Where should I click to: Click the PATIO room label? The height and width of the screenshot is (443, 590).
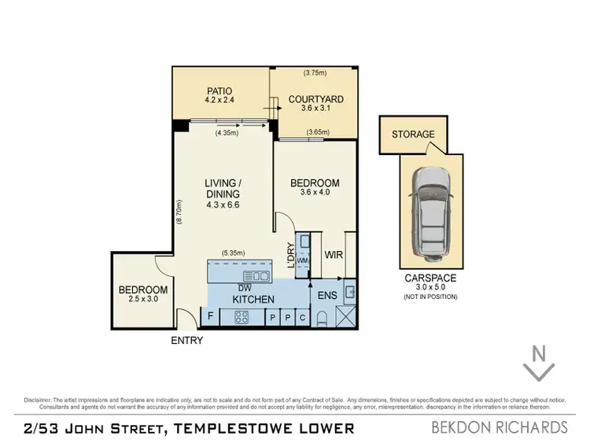coord(220,90)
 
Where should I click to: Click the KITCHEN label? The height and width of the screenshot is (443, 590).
coord(253,300)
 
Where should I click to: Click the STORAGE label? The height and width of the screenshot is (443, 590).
coord(413,135)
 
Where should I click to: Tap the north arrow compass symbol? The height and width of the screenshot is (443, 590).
coord(540,364)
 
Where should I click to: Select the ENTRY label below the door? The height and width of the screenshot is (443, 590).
coord(186,341)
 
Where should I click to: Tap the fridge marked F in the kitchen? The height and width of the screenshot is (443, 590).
coord(211,317)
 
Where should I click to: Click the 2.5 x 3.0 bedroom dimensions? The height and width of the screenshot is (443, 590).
coord(143,300)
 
